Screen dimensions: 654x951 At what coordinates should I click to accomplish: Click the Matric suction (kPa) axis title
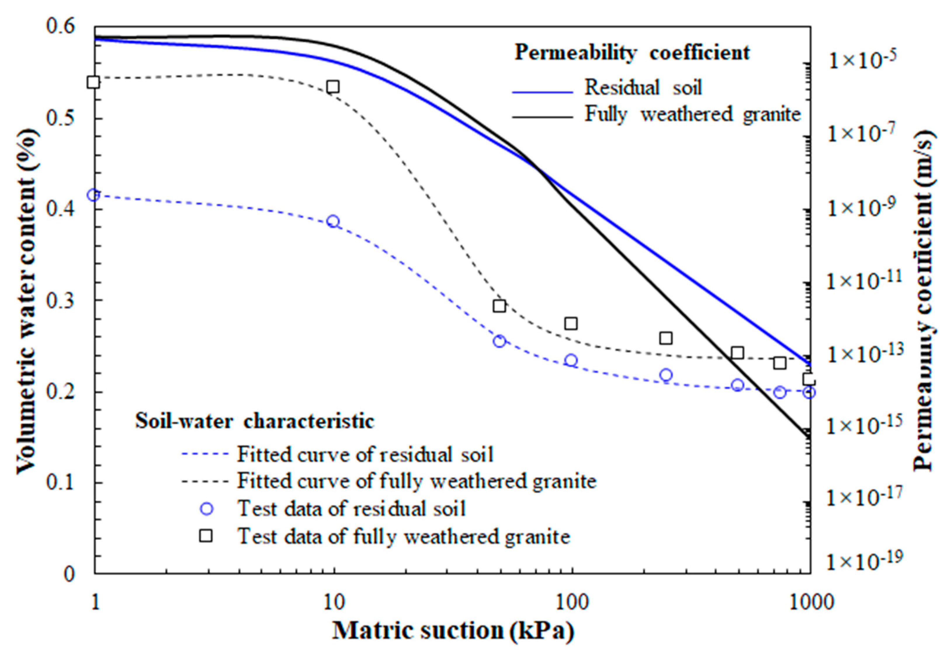452,631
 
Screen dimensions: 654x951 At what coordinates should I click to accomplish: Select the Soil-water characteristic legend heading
255,421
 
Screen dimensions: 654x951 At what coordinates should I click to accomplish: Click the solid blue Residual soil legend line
542,93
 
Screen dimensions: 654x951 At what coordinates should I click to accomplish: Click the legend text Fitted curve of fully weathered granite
416,481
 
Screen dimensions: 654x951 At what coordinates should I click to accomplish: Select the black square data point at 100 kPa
571,324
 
